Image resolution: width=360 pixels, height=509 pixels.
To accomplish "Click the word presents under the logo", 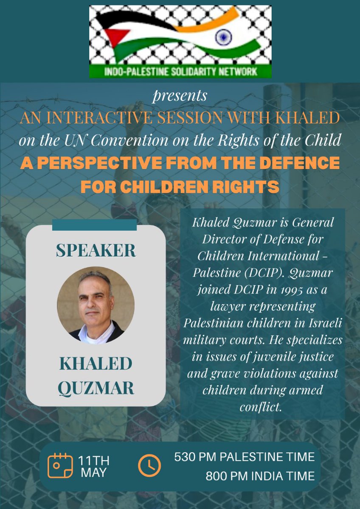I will (x=180, y=96).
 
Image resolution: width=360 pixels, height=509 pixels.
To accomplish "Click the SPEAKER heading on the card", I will (x=96, y=251).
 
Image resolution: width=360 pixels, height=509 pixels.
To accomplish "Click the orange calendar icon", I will (x=60, y=465).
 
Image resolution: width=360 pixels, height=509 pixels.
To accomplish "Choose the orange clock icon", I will (x=149, y=465).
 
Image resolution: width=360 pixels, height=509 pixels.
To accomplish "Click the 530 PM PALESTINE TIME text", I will (x=245, y=457).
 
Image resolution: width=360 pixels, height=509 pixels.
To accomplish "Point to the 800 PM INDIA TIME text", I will (x=260, y=476).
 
